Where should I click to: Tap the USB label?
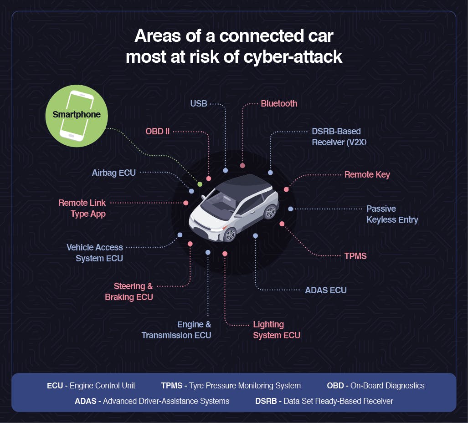coord(199,104)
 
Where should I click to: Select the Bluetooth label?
coord(279,104)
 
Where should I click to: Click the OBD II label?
coord(157,132)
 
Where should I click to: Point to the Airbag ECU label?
coord(113,173)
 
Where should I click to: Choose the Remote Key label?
coord(367,175)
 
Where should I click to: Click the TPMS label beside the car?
coord(355,256)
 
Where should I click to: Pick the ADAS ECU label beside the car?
coord(325,290)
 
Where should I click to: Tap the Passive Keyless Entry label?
coord(392,214)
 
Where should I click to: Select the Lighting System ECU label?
coord(276,330)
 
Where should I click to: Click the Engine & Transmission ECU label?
coord(176,330)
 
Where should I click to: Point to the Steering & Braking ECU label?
coord(129,292)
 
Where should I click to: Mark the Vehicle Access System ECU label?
coord(95,253)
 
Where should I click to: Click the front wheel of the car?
coord(230,235)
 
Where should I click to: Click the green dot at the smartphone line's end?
coord(200,184)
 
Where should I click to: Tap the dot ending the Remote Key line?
coord(286,189)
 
